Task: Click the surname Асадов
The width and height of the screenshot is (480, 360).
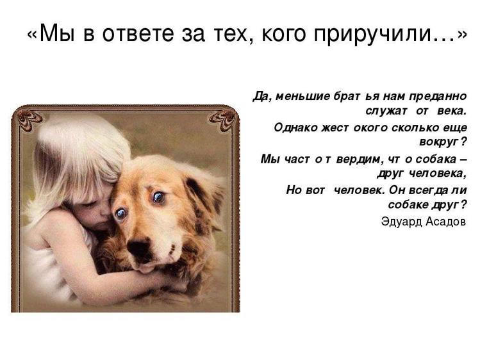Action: (445, 222)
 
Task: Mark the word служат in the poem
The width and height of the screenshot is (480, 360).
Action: (397, 111)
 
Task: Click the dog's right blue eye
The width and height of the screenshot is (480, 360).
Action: (158, 197)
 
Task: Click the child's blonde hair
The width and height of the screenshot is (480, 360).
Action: (70, 154)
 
